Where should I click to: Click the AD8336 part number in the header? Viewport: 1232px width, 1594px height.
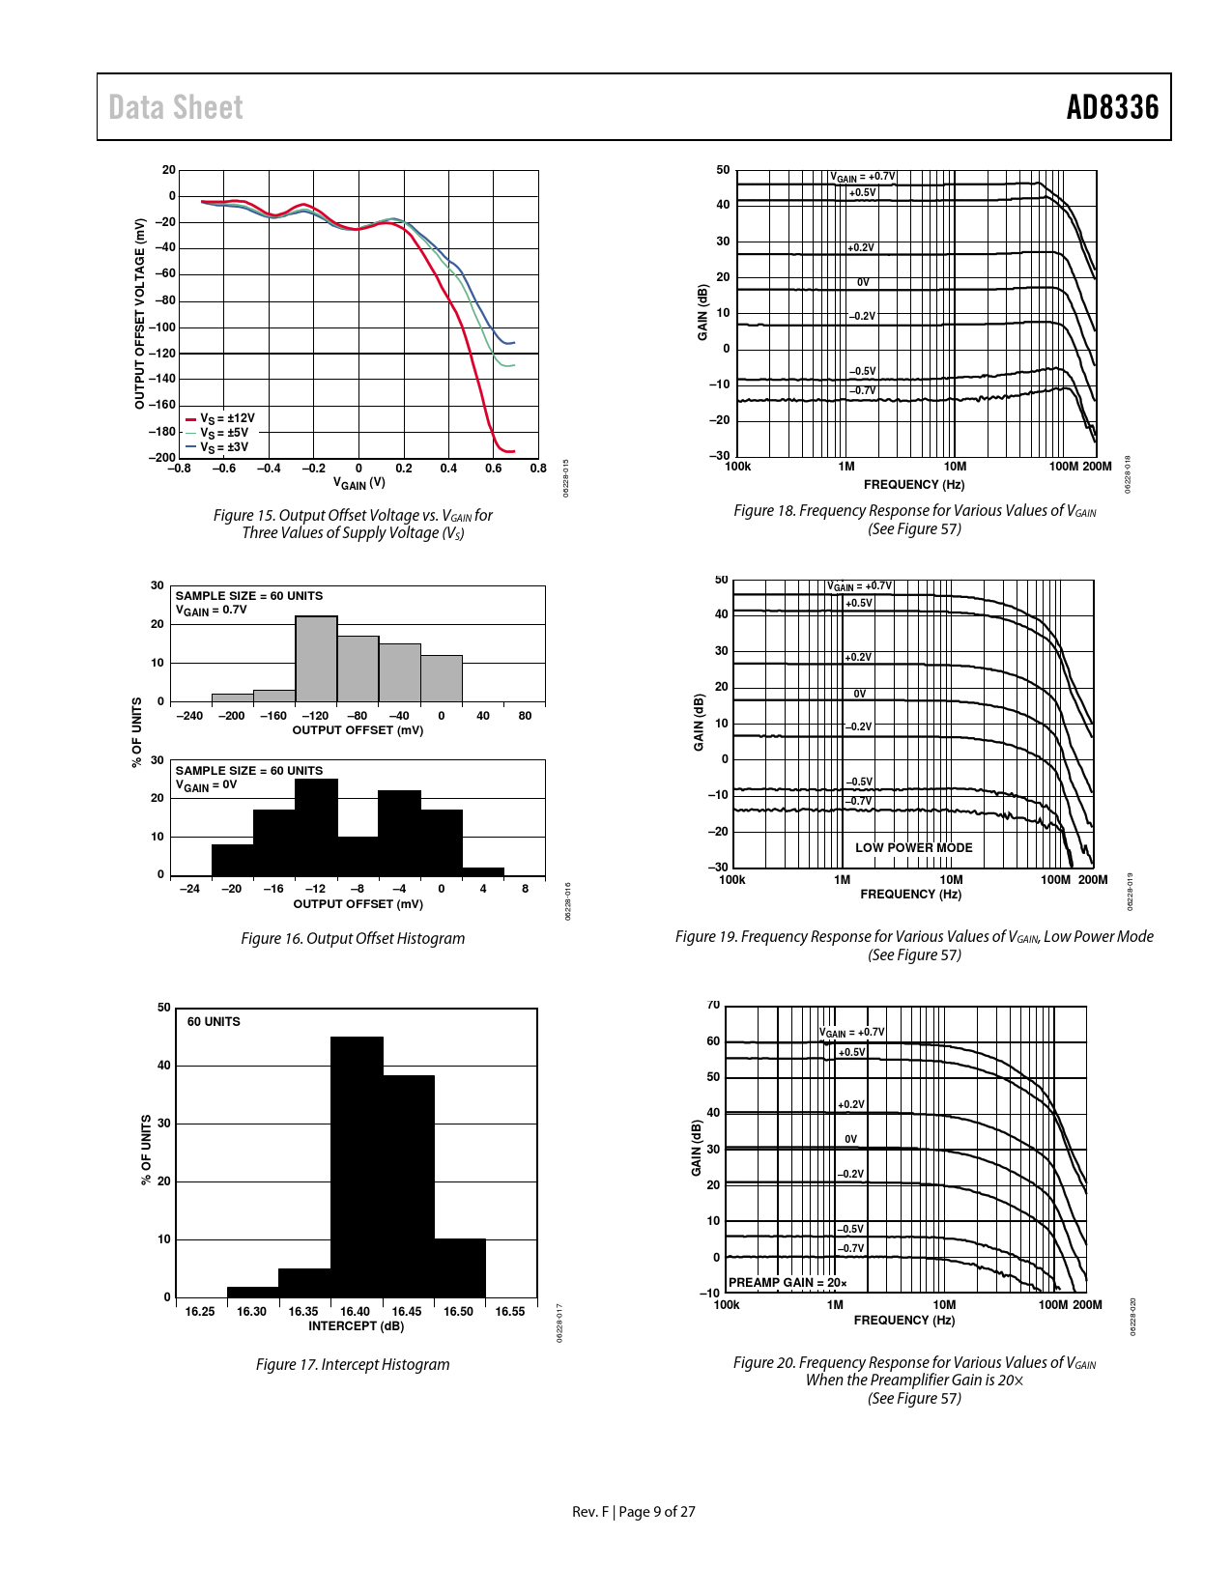click(x=1111, y=107)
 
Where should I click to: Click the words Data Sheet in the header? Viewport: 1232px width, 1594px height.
click(x=176, y=107)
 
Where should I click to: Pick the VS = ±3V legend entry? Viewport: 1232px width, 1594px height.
click(x=224, y=447)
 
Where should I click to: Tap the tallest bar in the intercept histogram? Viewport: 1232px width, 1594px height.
click(x=357, y=1166)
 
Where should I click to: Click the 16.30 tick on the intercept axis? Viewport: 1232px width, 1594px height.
click(x=251, y=1311)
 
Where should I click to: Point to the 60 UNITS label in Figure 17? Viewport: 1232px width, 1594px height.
click(x=214, y=1021)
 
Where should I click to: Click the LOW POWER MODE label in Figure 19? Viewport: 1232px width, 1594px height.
click(x=913, y=847)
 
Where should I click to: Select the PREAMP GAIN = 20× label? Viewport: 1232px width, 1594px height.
click(x=787, y=1282)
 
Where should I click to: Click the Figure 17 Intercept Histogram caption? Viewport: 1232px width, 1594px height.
click(x=352, y=1364)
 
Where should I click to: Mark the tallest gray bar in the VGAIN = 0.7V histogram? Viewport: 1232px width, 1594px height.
click(x=316, y=659)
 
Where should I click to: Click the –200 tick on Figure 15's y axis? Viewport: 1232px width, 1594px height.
click(x=161, y=457)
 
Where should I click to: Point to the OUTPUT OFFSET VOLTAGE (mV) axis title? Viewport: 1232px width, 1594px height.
click(x=139, y=314)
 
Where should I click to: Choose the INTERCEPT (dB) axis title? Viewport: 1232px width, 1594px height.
click(x=356, y=1325)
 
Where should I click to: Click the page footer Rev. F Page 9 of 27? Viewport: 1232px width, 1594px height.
click(x=633, y=1512)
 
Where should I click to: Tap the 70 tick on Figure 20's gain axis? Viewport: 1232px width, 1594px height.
click(x=713, y=1005)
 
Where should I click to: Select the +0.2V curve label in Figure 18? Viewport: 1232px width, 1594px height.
click(x=860, y=247)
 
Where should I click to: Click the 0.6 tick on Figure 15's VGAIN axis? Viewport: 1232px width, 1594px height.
click(x=493, y=469)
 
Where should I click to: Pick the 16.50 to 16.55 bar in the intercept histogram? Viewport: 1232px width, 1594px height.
click(x=460, y=1267)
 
